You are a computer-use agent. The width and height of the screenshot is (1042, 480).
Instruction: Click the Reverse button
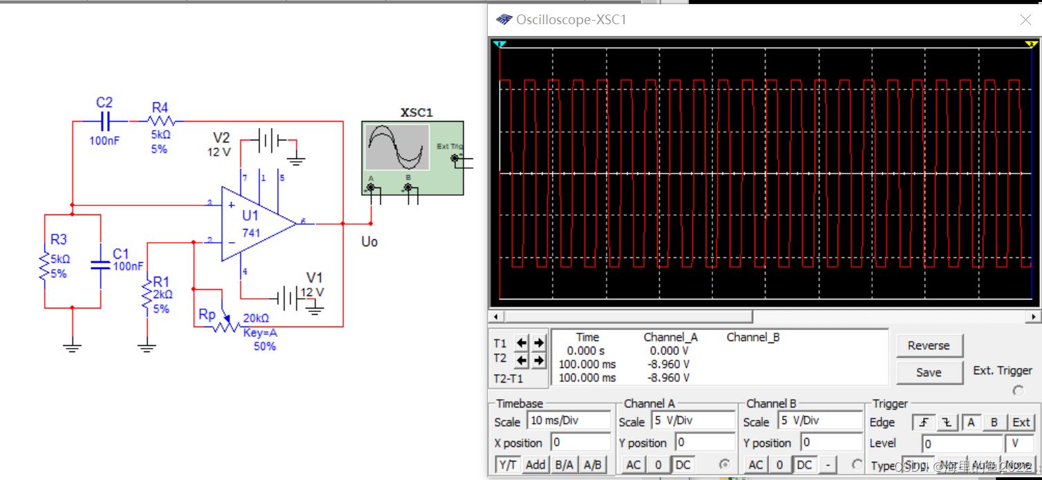[929, 346]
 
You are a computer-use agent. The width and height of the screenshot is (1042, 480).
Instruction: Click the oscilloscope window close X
[1026, 20]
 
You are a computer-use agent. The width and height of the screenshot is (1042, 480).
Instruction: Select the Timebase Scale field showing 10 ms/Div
[569, 421]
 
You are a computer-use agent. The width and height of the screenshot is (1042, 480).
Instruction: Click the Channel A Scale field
[693, 421]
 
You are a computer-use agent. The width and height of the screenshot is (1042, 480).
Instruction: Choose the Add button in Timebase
[536, 465]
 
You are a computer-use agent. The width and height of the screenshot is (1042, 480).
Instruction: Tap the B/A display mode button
[564, 465]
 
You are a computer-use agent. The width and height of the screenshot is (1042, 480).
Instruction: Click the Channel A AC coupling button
[633, 465]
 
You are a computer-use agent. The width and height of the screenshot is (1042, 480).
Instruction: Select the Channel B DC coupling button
[804, 465]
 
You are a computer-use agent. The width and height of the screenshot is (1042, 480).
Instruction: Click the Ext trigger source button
[1021, 422]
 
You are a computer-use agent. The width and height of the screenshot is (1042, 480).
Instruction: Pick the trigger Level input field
[962, 443]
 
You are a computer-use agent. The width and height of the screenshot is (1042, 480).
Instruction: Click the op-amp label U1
[250, 216]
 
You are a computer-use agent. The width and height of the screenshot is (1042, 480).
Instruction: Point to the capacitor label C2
[104, 102]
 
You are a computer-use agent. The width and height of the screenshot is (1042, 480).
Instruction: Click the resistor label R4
[160, 107]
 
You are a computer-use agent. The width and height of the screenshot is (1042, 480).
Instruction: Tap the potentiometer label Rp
[207, 315]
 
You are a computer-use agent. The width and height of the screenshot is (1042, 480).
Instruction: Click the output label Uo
[370, 241]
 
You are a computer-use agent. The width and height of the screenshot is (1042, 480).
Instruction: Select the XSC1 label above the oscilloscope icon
[417, 113]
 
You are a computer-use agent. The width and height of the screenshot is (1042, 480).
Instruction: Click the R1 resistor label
[161, 281]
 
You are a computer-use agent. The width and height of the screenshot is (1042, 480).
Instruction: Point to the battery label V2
[221, 138]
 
